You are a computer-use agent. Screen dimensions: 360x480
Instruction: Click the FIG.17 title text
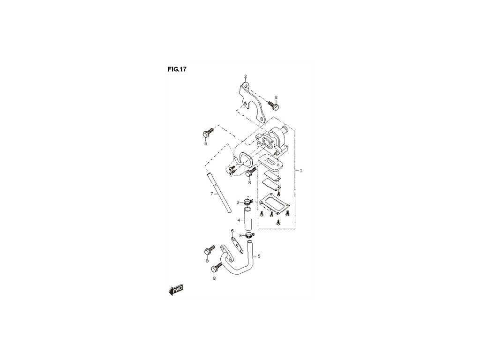pos(177,69)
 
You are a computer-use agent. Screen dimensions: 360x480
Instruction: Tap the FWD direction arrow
pos(175,290)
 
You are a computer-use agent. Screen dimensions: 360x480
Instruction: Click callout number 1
pos(300,171)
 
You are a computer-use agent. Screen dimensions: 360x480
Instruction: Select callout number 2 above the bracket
pos(245,76)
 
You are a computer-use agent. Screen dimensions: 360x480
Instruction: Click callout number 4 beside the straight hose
pos(239,220)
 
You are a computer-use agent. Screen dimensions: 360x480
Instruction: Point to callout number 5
pos(259,256)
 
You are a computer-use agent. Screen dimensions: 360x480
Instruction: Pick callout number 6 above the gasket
pos(232,231)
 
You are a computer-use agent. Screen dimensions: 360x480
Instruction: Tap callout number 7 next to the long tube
pos(211,193)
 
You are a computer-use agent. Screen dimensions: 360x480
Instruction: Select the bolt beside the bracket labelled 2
pos(274,105)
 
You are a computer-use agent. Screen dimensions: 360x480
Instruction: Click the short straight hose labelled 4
pos(247,219)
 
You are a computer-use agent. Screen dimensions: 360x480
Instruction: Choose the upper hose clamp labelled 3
pos(248,202)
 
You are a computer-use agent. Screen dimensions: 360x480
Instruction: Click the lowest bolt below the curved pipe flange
pos(217,269)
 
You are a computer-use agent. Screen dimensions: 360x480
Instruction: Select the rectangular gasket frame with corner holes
pos(274,204)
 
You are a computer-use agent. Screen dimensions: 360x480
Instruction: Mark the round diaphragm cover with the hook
pos(246,159)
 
